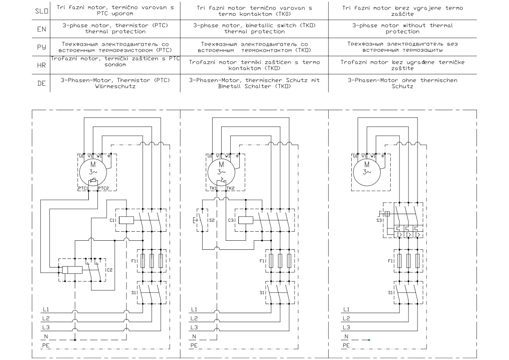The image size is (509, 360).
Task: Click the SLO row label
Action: click(x=42, y=11)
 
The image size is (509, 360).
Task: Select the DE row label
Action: click(x=42, y=83)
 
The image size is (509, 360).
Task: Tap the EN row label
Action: click(x=42, y=29)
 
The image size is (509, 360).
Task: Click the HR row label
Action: click(x=42, y=65)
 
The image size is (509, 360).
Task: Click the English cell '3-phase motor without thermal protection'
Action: click(x=402, y=29)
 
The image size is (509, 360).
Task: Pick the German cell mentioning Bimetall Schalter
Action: click(x=254, y=83)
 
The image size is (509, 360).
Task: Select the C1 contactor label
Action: click(x=112, y=220)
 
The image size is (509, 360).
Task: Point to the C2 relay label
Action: click(x=109, y=270)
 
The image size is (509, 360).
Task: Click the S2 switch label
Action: click(x=212, y=220)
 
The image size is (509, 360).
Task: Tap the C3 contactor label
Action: click(x=231, y=220)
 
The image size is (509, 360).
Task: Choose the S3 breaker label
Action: click(x=379, y=220)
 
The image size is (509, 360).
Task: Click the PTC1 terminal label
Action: click(x=83, y=188)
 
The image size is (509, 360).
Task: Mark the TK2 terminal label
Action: click(x=231, y=188)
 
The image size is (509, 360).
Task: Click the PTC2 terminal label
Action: click(x=103, y=188)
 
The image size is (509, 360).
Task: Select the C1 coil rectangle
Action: click(x=126, y=220)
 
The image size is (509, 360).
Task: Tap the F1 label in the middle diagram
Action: click(x=262, y=261)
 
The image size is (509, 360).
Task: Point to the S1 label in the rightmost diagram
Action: click(x=391, y=293)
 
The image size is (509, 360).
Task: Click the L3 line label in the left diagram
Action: click(x=46, y=327)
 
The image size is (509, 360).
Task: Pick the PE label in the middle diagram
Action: click(x=194, y=345)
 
